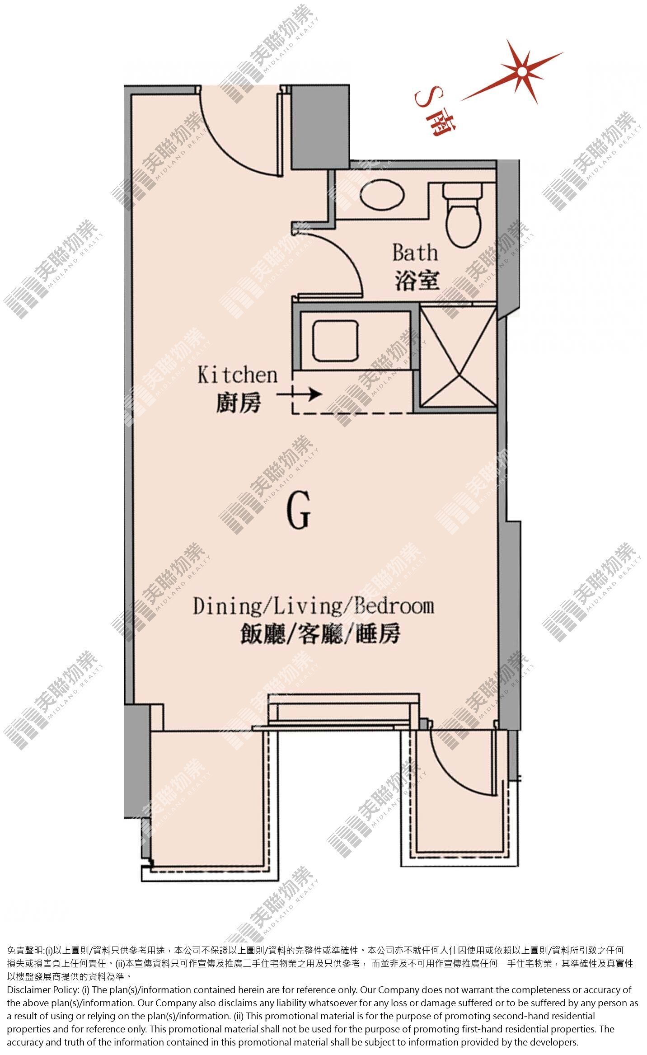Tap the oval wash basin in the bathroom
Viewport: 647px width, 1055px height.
point(382,195)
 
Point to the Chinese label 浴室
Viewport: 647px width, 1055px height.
point(417,281)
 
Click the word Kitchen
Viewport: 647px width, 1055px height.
point(238,375)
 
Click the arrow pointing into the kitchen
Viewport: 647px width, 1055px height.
point(299,394)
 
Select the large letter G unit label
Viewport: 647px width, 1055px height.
point(299,511)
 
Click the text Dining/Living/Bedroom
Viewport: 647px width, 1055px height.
point(314,606)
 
